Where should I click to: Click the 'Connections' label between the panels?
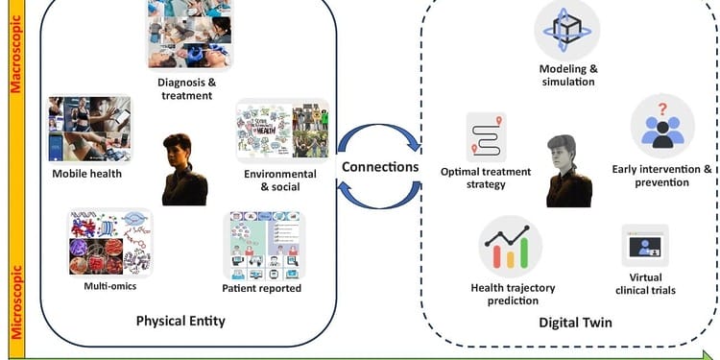[x=380, y=167]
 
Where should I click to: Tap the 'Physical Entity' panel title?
[x=180, y=321]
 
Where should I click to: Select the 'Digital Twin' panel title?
[x=575, y=323]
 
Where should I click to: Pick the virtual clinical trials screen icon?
[x=644, y=246]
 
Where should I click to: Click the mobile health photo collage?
[x=89, y=129]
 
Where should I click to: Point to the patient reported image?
[x=264, y=246]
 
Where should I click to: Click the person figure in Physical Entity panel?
[x=184, y=169]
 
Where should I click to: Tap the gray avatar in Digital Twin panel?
[x=568, y=170]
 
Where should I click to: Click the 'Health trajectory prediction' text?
[x=513, y=294]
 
